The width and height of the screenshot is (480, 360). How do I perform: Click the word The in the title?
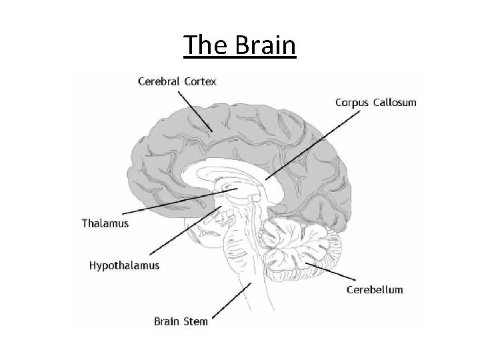[x=204, y=46]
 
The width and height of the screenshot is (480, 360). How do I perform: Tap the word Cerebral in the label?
[x=157, y=82]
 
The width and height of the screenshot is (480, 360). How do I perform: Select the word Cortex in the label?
[x=199, y=82]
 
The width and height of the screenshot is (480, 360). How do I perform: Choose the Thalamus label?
[x=105, y=223]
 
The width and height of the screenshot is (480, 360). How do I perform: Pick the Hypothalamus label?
[x=125, y=265]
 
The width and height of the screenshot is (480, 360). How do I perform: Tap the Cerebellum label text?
[x=375, y=289]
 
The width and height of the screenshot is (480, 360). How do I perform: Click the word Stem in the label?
[x=194, y=321]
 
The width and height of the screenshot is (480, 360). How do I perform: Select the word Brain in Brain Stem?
[x=166, y=321]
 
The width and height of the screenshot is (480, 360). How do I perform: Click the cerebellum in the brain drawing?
[x=303, y=250]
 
